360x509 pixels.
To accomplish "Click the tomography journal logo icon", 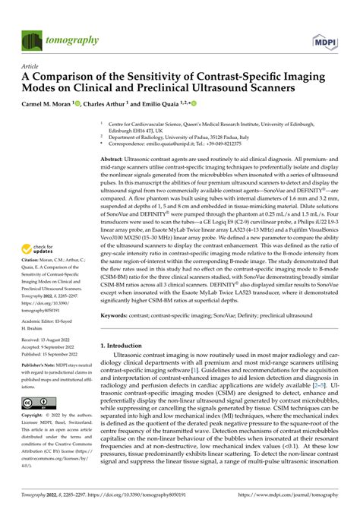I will (31, 40).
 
